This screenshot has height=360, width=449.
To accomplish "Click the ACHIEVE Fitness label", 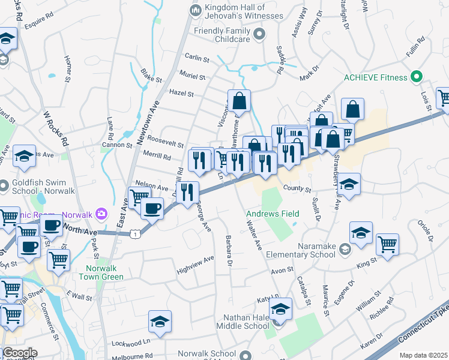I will click(x=375, y=77).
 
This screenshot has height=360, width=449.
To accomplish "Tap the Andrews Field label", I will click(x=270, y=213).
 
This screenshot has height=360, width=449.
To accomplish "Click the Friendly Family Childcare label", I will click(x=221, y=34).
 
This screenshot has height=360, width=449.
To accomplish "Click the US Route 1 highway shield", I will click(x=137, y=232).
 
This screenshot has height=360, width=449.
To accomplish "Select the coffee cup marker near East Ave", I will click(x=151, y=208).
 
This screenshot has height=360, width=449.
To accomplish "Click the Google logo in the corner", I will click(x=20, y=353).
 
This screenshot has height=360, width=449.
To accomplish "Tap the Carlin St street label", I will click(x=197, y=59).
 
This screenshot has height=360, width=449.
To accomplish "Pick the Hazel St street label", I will click(x=181, y=94).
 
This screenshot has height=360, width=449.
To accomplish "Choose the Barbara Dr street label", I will click(x=229, y=250).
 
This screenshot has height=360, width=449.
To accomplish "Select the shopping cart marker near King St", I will click(x=387, y=244).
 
